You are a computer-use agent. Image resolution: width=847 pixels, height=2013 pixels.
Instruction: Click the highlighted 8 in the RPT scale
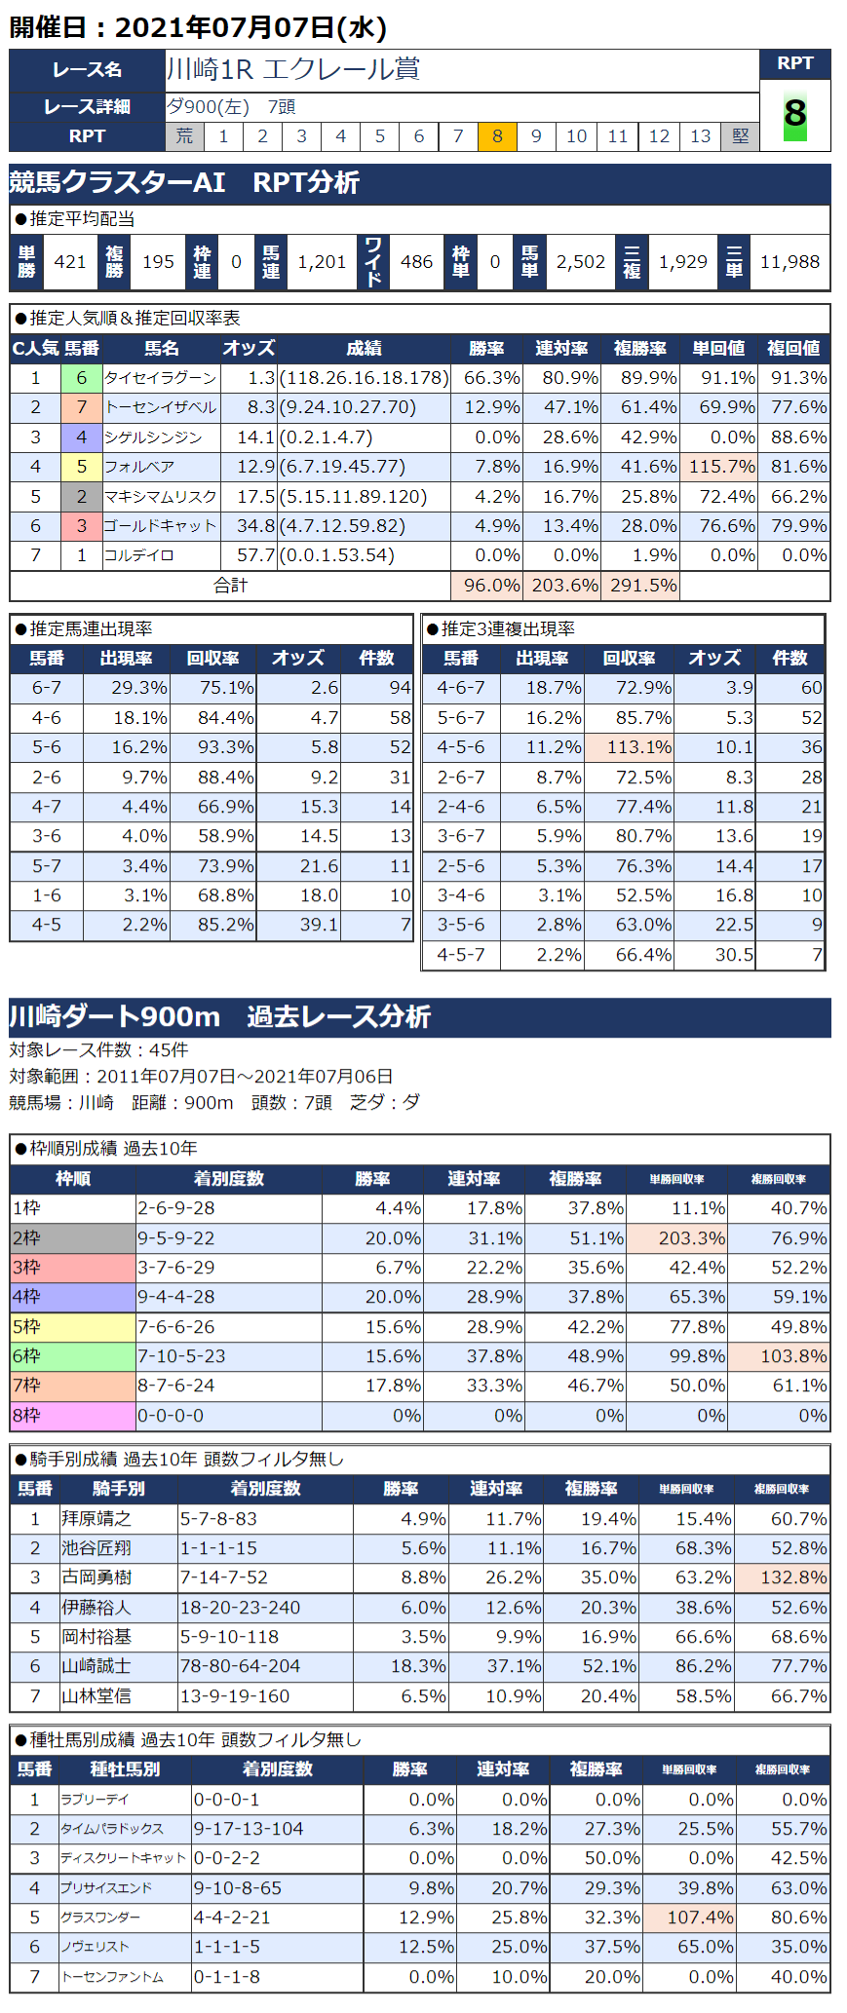coord(497,136)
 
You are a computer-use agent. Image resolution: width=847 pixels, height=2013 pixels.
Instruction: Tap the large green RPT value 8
coord(794,114)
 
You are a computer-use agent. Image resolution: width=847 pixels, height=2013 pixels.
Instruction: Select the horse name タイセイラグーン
coord(160,378)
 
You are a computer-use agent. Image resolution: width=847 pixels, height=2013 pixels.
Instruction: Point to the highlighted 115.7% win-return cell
coord(721,467)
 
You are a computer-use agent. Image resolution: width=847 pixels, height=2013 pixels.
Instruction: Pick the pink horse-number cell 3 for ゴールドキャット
coord(82,526)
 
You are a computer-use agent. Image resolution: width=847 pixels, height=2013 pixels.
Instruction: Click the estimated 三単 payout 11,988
coord(789,262)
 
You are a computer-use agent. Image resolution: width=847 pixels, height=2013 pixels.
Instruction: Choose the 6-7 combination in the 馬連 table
coord(47,688)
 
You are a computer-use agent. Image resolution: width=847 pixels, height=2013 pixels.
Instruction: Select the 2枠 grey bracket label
coord(72,1238)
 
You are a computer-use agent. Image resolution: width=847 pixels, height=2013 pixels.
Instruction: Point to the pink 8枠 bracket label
coord(72,1416)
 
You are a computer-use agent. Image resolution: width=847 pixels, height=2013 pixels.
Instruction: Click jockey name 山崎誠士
coord(96,1666)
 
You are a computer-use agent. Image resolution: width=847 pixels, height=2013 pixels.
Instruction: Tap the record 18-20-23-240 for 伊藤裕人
coord(240,1608)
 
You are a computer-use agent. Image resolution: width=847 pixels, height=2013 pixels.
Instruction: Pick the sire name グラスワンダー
coord(101,1917)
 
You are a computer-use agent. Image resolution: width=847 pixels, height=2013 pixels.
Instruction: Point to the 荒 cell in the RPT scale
coord(184,136)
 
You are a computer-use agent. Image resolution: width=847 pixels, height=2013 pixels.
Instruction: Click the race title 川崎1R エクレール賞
coord(293,69)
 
